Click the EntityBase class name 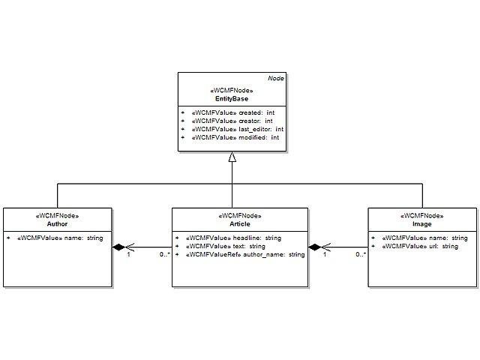click(231, 98)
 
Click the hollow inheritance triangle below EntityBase click(232, 157)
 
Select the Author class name click(57, 223)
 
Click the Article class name click(240, 223)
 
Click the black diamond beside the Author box click(118, 247)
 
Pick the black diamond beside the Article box click(314, 247)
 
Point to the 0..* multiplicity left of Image click(360, 255)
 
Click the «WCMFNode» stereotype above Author click(57, 215)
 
